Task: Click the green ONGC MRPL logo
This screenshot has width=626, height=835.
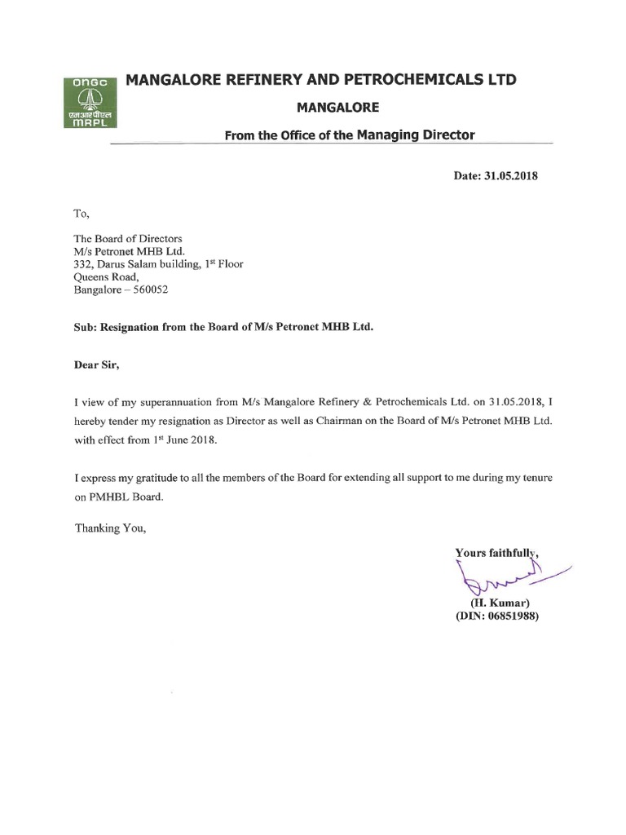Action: coord(91,102)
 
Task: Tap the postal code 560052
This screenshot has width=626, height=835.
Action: coord(149,289)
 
